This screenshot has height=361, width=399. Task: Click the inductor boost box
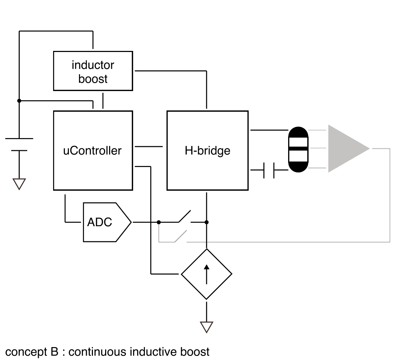pos(93,71)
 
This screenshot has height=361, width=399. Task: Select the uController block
pos(93,150)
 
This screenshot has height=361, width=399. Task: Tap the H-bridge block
pos(207,150)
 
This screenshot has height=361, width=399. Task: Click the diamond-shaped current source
pos(207,274)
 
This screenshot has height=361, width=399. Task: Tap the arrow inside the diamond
pos(207,274)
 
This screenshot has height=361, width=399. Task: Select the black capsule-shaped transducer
pos(298,149)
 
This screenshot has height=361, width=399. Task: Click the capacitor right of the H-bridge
pos(269,170)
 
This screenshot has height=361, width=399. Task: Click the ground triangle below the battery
pos(19,184)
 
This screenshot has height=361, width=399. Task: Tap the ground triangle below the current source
pos(207,327)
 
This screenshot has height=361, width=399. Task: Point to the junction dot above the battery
pos(19,101)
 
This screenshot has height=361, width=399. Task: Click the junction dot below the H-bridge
pos(207,222)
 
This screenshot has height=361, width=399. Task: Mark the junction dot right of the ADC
pos(159,222)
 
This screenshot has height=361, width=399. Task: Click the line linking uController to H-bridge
pos(149,146)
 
